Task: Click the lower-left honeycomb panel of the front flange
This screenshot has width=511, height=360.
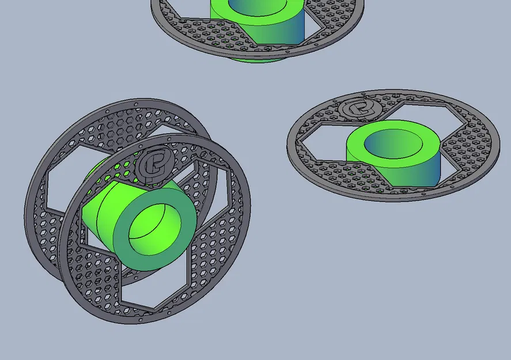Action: [x=92, y=271]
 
